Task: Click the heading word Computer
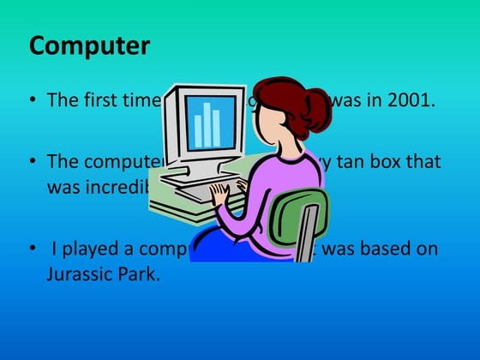pyautogui.click(x=89, y=45)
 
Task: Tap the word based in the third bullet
pyautogui.click(x=380, y=250)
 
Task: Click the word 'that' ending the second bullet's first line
pyautogui.click(x=428, y=161)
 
